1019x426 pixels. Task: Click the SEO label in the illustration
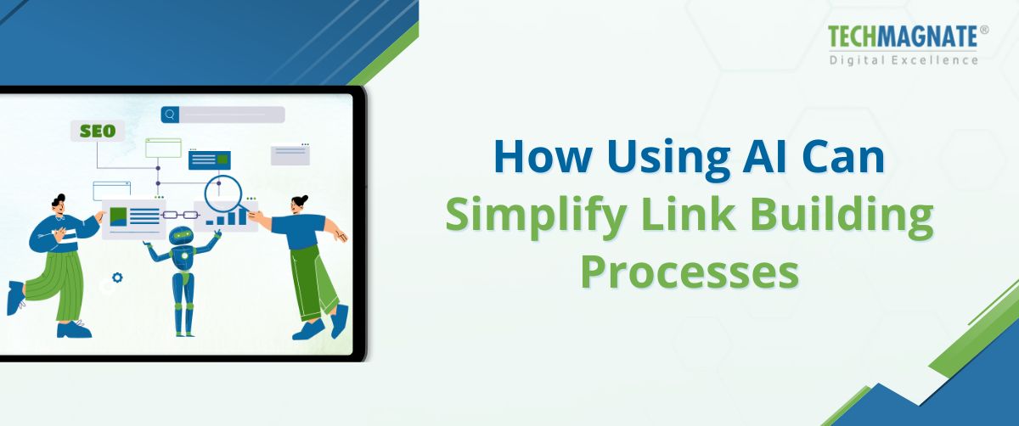(98, 132)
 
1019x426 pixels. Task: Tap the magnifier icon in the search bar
(171, 115)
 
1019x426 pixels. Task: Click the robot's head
(181, 236)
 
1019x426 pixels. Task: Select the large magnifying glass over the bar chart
(224, 193)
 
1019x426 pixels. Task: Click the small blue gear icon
(117, 277)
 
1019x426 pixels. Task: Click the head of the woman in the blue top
(300, 205)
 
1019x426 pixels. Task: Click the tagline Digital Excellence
(904, 59)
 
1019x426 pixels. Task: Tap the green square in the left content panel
(118, 216)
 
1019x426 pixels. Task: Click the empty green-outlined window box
(163, 149)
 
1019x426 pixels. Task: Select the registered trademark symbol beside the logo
(984, 30)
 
